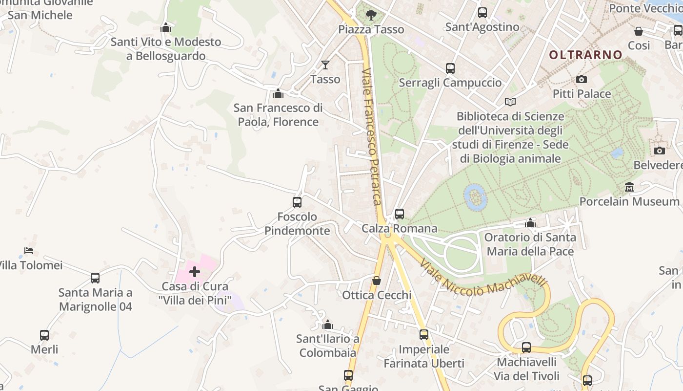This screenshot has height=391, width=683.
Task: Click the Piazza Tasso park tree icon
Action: [371, 15]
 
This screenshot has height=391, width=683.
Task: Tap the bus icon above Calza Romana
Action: [400, 214]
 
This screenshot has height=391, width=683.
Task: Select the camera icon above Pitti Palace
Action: [581, 79]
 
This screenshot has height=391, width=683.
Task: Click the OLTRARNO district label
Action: [586, 55]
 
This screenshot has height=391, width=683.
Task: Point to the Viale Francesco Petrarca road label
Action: [372, 137]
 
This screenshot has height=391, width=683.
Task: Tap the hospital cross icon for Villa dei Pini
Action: [195, 272]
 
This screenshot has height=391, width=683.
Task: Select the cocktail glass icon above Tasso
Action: [325, 65]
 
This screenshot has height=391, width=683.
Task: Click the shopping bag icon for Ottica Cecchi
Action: [376, 281]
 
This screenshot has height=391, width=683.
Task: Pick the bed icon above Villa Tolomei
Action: [29, 251]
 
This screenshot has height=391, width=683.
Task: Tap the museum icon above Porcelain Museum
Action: [629, 187]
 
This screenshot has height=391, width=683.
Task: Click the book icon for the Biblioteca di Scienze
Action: [510, 102]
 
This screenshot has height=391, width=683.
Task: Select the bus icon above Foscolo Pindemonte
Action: [297, 202]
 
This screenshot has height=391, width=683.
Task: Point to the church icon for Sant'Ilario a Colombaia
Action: [328, 325]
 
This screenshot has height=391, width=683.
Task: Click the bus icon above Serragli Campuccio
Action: [450, 68]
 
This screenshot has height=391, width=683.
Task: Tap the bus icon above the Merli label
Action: [44, 335]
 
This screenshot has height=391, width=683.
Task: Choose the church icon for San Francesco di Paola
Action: [278, 93]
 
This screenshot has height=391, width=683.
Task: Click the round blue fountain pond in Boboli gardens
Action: [475, 196]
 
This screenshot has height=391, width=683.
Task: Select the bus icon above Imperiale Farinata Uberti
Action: [423, 335]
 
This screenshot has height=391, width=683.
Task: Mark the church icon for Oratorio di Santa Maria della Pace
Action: [530, 223]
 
